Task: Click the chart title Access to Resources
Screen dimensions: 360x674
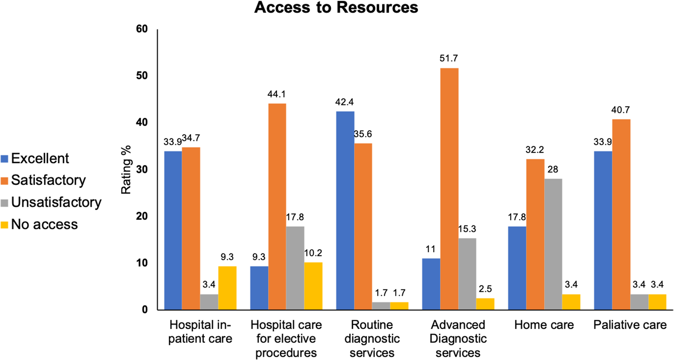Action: [336, 8]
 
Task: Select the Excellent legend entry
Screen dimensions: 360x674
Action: [40, 159]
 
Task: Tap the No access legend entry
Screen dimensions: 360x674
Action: [44, 225]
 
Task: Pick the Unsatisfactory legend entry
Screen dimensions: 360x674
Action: [56, 202]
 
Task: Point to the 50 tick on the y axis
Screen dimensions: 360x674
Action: [142, 76]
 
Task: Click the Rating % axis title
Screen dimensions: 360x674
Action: [126, 169]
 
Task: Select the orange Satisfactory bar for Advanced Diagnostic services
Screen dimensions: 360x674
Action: [449, 189]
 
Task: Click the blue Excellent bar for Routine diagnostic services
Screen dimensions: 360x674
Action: [345, 210]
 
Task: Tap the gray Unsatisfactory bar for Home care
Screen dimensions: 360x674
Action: [553, 244]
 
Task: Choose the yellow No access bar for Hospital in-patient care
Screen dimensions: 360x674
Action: [227, 288]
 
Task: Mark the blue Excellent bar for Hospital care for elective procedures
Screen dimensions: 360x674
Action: [259, 288]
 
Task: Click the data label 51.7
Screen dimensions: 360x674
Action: [449, 58]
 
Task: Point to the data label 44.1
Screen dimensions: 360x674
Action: [276, 94]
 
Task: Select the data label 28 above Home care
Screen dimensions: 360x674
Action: [553, 169]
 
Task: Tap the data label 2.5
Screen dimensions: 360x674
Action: [485, 289]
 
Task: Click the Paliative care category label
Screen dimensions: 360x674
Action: [630, 325]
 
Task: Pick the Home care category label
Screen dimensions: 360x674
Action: [544, 325]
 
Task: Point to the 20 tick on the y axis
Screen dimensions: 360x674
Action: [142, 216]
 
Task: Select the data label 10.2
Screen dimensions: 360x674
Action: [313, 253]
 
